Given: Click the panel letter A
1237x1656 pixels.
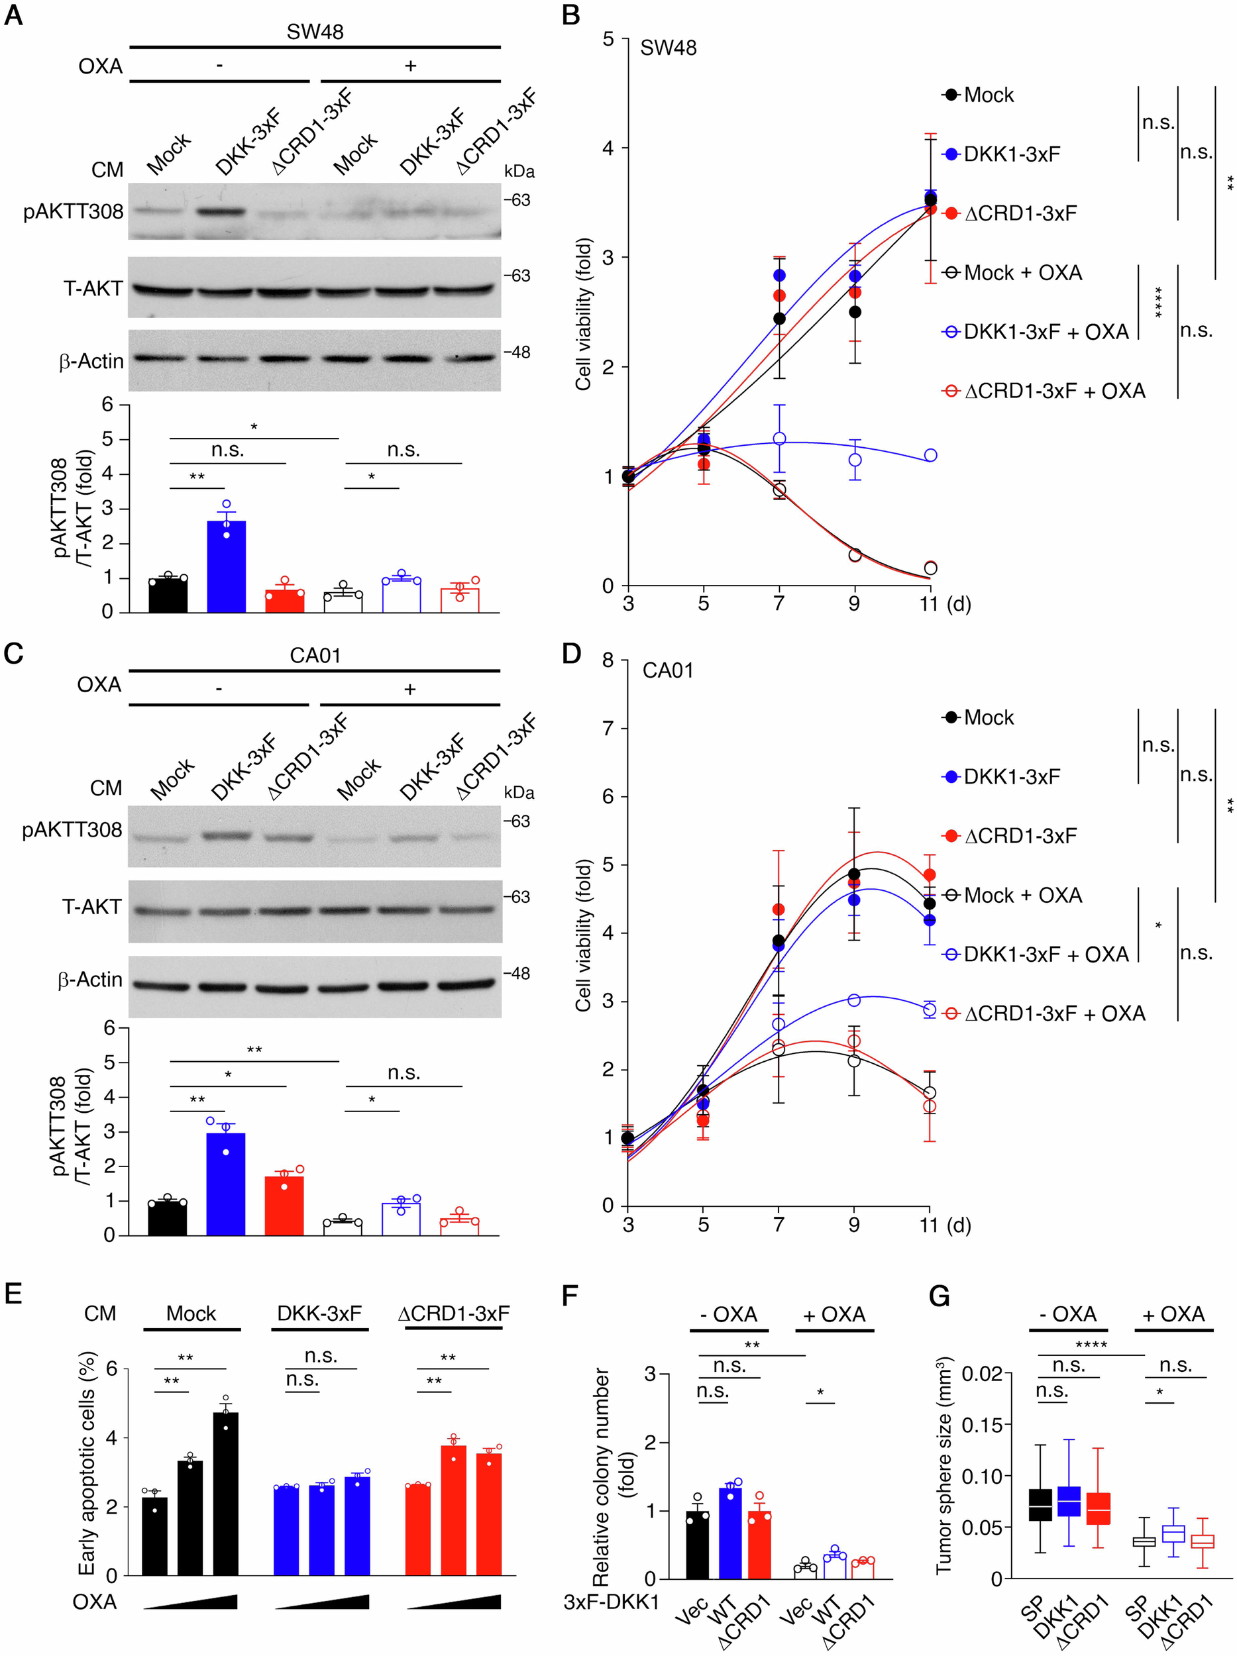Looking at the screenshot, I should (x=13, y=15).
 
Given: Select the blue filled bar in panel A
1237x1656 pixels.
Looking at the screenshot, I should (x=226, y=566).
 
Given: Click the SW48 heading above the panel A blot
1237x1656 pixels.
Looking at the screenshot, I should (x=315, y=31).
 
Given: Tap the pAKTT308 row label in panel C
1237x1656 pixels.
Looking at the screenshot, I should (x=72, y=829).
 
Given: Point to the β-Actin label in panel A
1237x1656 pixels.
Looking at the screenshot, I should (x=91, y=362).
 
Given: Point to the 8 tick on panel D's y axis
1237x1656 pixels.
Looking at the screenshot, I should (x=608, y=660).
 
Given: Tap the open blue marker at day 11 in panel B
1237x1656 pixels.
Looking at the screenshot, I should (x=931, y=455).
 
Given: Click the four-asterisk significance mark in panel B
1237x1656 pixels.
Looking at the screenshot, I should (x=1158, y=301).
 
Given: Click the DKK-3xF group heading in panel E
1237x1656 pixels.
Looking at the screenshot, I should (x=319, y=1313).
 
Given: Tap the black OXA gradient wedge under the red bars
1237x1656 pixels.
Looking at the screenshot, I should (x=454, y=1601).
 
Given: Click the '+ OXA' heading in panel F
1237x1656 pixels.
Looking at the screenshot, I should (x=834, y=1315).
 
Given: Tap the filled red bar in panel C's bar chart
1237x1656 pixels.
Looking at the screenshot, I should (x=284, y=1206).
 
